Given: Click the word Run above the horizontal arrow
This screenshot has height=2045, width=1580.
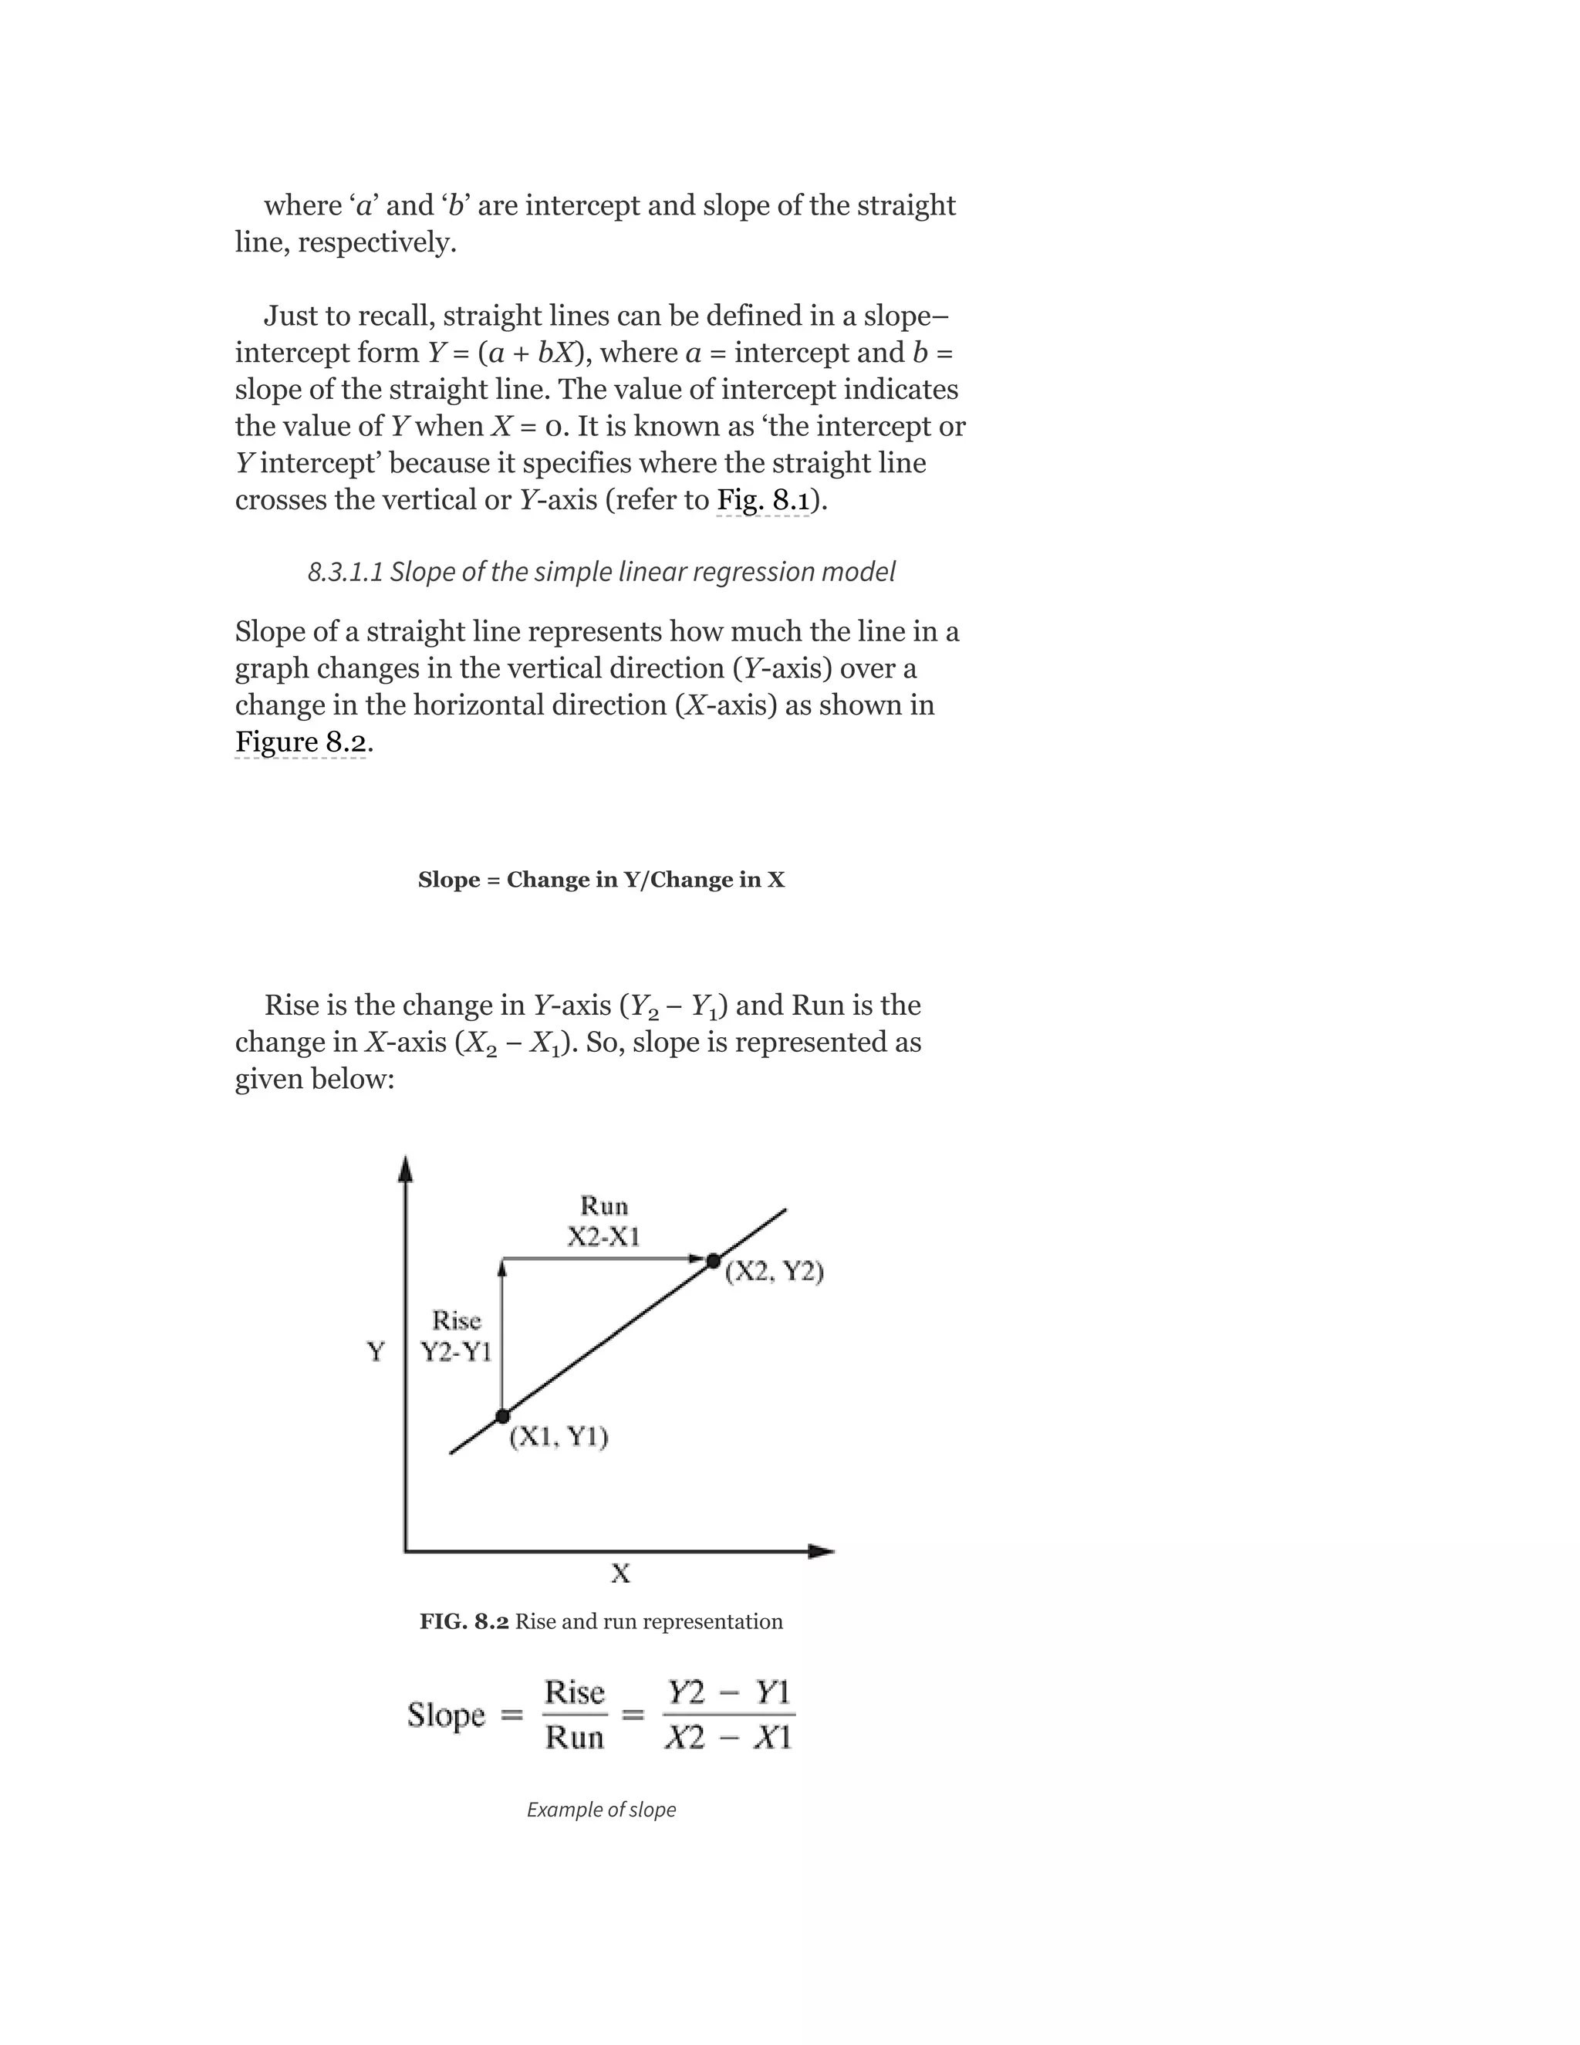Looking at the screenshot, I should pyautogui.click(x=604, y=1205).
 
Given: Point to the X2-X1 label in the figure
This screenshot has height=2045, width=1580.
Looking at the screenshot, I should pyautogui.click(x=604, y=1237).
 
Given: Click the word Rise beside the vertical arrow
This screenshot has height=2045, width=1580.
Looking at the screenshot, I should pyautogui.click(x=456, y=1320).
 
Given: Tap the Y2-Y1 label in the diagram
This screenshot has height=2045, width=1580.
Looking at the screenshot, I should pyautogui.click(x=456, y=1352).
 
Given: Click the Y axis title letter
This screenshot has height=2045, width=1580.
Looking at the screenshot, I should pyautogui.click(x=376, y=1352).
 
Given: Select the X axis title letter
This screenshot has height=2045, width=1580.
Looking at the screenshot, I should pyautogui.click(x=620, y=1573).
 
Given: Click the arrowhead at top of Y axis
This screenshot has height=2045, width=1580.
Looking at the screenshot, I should pyautogui.click(x=405, y=1168).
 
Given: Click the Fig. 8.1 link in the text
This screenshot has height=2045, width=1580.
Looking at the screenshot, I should pyautogui.click(x=763, y=500).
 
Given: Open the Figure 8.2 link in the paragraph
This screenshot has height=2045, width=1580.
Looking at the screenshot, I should pyautogui.click(x=300, y=742).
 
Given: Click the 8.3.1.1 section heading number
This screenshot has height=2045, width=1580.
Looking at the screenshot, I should pyautogui.click(x=344, y=571).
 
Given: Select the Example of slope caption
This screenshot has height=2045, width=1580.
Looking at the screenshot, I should pyautogui.click(x=601, y=1809).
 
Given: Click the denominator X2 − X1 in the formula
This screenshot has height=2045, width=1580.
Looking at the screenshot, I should pyautogui.click(x=728, y=1738).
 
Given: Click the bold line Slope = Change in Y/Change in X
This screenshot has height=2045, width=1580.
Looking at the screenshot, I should pyautogui.click(x=601, y=881).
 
